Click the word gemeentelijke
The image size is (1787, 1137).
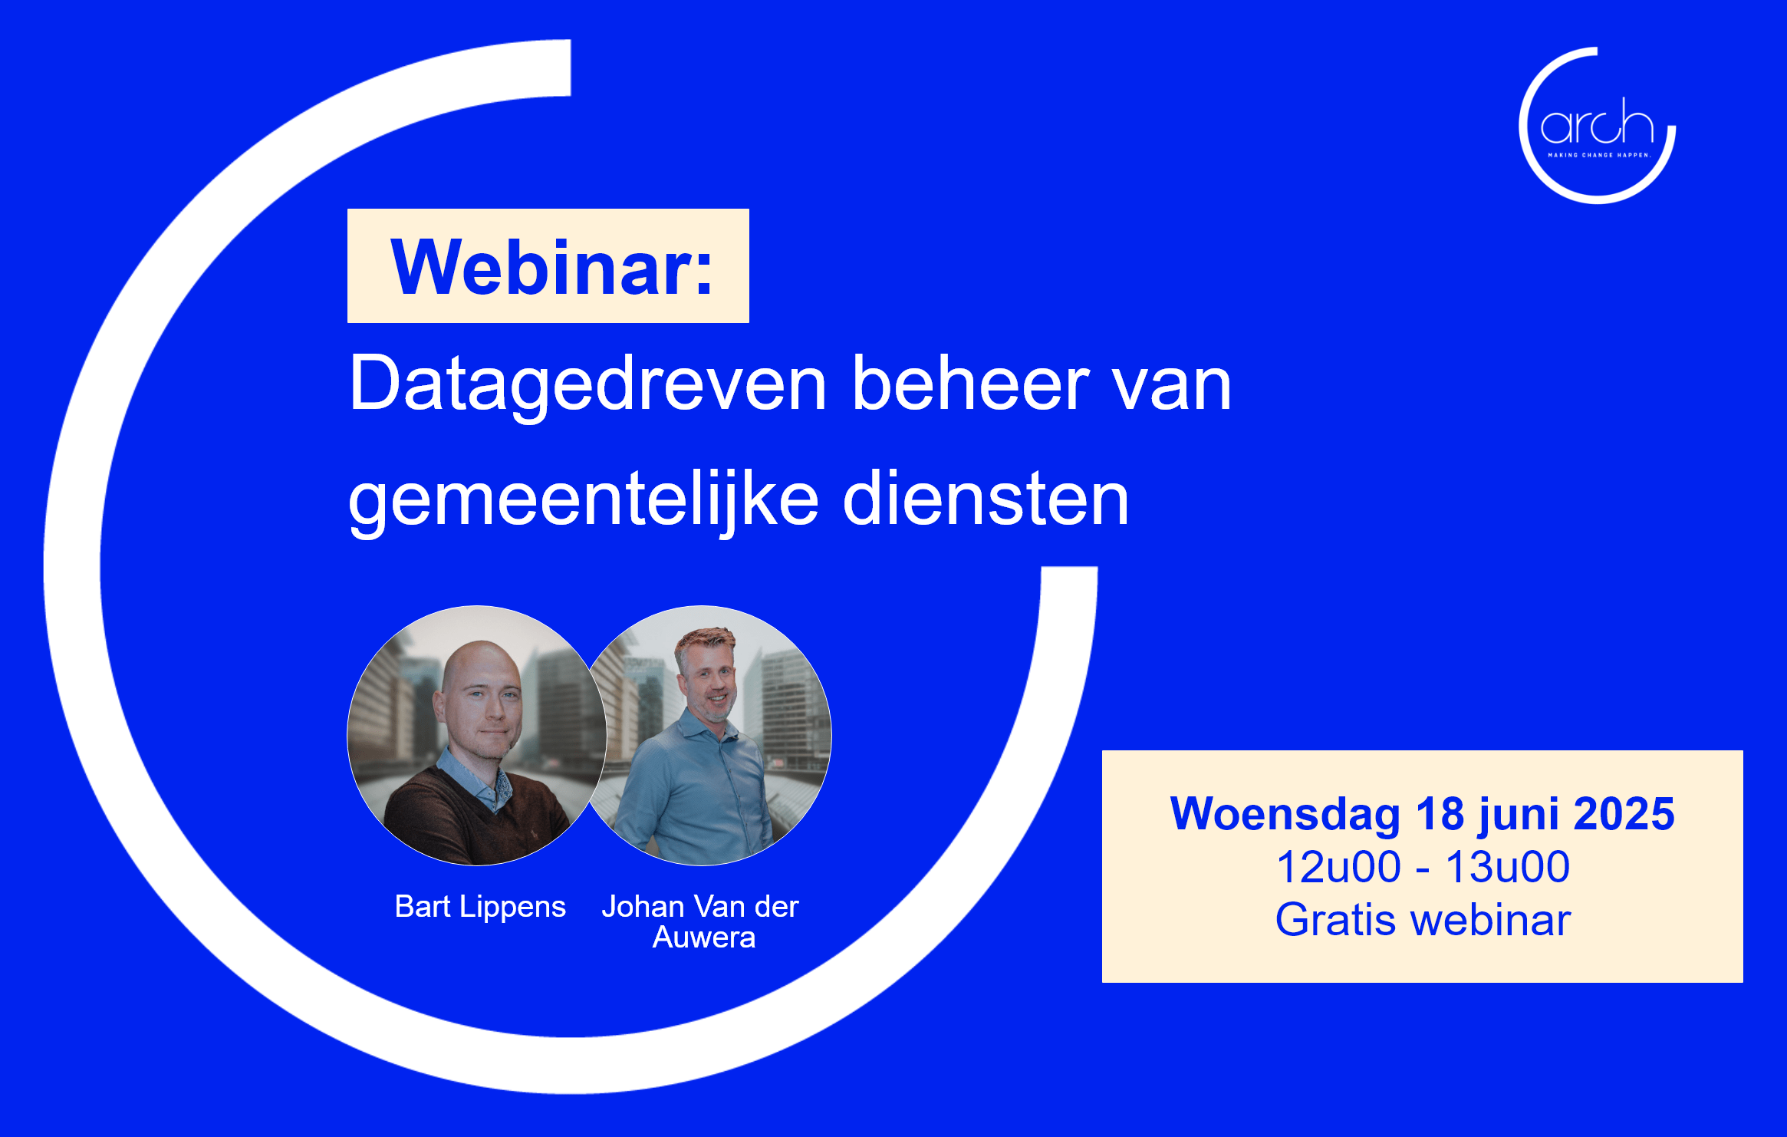(584, 500)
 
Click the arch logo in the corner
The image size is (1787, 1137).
(1597, 126)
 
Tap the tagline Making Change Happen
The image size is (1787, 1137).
(1598, 155)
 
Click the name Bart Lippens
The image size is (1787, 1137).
(480, 908)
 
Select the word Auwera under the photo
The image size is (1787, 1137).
(703, 938)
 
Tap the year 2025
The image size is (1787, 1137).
(1624, 813)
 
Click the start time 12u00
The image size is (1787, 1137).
(1338, 867)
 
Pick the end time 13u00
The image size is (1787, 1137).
(1508, 867)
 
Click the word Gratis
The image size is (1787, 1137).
(1335, 920)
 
